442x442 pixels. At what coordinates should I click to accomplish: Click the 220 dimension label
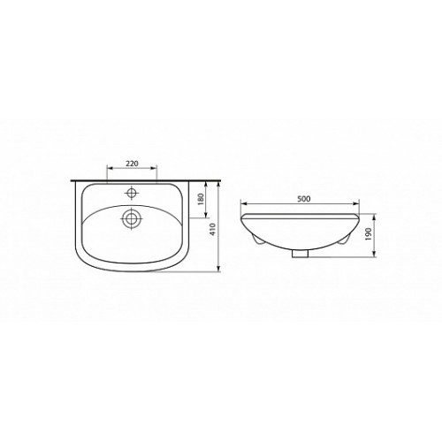132,164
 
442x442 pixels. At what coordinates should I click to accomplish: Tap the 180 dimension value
202,199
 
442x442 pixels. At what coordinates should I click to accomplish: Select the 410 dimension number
214,229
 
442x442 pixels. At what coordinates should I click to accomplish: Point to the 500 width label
304,199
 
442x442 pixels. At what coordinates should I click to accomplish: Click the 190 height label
369,234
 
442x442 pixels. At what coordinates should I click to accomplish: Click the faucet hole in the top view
132,194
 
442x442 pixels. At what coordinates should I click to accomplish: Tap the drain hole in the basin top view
132,218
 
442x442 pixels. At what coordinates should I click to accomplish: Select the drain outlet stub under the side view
300,253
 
